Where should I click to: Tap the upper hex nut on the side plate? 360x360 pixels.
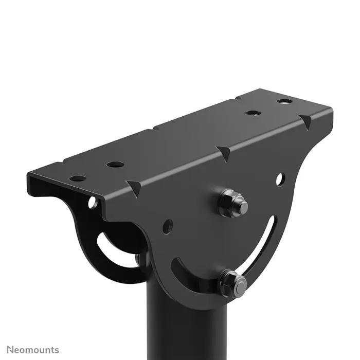click(x=230, y=203)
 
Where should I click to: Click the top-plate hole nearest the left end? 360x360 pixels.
click(x=78, y=178)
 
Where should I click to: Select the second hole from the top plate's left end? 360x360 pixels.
click(x=116, y=165)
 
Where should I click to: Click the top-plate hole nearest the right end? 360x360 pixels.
click(x=283, y=101)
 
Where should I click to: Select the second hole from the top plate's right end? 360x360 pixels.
click(x=251, y=112)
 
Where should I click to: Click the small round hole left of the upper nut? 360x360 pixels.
click(x=168, y=225)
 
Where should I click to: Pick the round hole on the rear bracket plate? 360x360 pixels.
click(x=93, y=203)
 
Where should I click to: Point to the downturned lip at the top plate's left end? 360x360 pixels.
click(x=36, y=183)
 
